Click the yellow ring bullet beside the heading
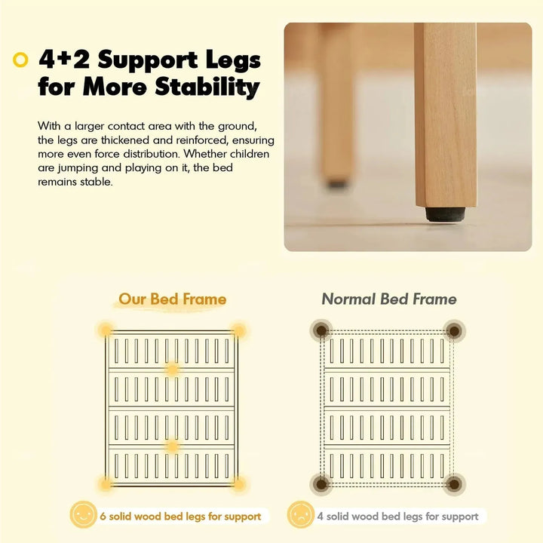coord(20,60)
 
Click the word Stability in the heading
coord(207,87)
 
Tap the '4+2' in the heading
coord(64,60)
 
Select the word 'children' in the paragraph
coord(250,154)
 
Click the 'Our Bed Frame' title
coord(172,299)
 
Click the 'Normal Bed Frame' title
coord(389,299)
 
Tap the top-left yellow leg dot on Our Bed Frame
coord(106,330)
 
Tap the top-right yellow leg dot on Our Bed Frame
coord(238,330)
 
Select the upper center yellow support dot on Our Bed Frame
coord(172,370)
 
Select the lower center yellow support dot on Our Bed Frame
coord(172,446)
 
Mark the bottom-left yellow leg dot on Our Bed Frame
coord(106,483)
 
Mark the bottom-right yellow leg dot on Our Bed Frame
coord(238,483)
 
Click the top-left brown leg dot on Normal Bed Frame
coord(321,330)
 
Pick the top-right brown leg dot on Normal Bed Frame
coord(454,331)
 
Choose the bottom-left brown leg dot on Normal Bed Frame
coord(321,483)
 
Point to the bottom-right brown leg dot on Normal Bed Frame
coord(454,484)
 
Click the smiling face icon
coord(83,514)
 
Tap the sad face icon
coord(301,514)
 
